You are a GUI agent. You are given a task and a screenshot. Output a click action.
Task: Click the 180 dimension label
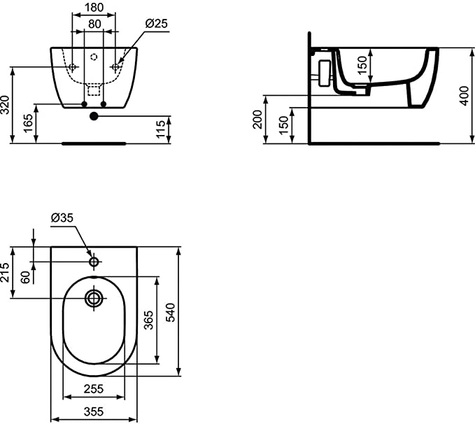click(94, 7)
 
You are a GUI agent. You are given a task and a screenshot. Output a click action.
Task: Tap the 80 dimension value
click(94, 24)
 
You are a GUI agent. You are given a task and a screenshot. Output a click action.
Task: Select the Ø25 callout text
click(156, 23)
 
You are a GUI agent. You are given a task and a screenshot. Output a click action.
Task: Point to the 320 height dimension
click(5, 105)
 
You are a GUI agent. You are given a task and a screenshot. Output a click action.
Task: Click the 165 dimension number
click(28, 123)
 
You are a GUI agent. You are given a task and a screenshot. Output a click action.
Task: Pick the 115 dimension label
click(161, 129)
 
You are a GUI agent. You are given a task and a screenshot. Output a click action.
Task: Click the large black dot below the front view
click(94, 116)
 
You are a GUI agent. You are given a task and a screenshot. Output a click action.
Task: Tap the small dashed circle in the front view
click(94, 57)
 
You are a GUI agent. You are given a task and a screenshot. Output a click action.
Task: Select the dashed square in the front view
click(94, 90)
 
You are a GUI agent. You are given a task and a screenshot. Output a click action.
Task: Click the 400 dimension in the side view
click(464, 96)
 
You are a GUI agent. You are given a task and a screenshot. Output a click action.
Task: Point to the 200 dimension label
click(257, 120)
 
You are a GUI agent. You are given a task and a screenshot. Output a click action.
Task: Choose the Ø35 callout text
click(62, 218)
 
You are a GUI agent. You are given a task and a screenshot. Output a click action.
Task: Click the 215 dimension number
click(5, 272)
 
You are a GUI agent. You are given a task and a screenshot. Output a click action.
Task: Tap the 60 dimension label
click(26, 277)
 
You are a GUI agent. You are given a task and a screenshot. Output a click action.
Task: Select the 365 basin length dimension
click(148, 320)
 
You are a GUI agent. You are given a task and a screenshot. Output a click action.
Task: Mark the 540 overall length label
click(170, 312)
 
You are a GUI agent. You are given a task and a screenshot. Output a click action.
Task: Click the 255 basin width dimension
click(94, 389)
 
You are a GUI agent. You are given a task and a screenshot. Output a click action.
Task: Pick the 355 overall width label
click(94, 411)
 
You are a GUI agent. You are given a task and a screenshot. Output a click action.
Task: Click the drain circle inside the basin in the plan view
click(94, 299)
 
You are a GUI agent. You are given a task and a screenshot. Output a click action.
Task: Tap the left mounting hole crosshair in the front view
click(72, 67)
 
